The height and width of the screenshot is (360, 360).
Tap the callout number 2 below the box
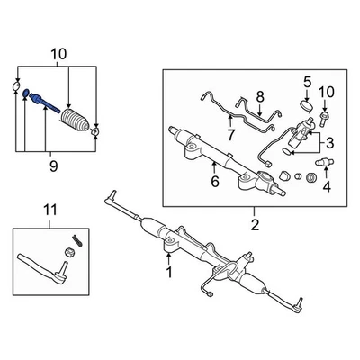255,223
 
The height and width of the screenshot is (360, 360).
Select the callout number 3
330,143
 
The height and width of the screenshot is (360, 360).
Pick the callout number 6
215,183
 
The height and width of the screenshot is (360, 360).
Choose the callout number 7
230,135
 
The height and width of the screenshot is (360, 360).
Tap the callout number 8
259,96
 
